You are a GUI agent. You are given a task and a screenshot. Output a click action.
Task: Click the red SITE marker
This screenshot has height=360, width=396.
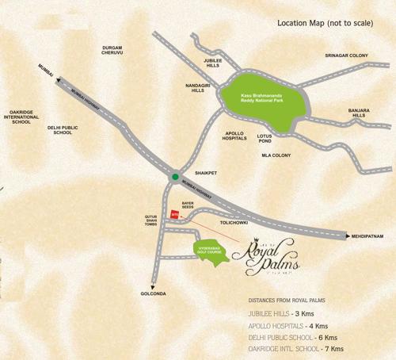coord(175,214)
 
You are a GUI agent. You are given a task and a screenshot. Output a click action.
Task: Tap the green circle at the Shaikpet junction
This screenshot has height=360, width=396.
coord(175,177)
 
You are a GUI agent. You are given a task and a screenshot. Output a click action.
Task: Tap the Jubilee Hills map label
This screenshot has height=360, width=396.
coord(213,63)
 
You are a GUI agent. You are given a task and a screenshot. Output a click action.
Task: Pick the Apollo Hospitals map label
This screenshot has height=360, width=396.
coord(235,135)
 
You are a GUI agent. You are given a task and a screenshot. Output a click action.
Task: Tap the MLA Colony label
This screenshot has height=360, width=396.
coord(276,155)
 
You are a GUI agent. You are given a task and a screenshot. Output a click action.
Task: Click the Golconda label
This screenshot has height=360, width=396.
coord(155,294)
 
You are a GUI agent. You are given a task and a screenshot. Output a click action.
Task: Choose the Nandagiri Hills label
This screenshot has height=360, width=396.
coord(198,87)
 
